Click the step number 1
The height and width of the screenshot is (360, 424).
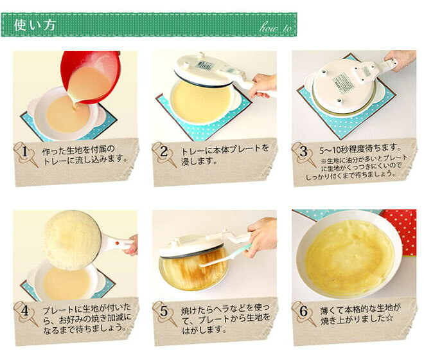click(x=24, y=153)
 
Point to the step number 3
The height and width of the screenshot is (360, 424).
click(x=303, y=153)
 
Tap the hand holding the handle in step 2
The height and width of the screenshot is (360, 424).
click(x=263, y=84)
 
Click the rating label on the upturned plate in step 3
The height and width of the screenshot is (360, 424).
click(x=343, y=82)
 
